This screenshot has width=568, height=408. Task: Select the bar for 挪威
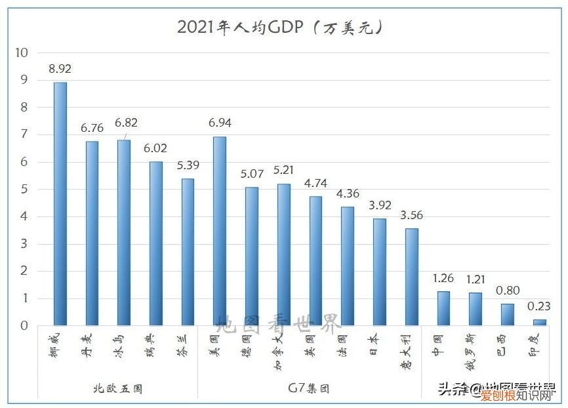coord(60,203)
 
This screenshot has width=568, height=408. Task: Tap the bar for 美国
coord(220,231)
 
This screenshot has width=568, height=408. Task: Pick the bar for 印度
coord(539,322)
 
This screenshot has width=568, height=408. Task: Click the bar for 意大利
coord(411,276)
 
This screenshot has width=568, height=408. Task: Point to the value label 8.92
coord(60,68)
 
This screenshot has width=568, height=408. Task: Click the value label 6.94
coord(220,123)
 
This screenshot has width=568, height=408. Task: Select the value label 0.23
coord(539,305)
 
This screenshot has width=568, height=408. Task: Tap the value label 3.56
coord(411,214)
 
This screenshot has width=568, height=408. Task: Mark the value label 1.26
coord(443,277)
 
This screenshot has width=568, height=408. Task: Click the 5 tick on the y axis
coord(24,189)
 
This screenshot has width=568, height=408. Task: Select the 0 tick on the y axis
coord(24,325)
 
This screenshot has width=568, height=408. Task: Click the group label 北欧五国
coord(117,388)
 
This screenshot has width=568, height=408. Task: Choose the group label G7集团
coord(309,388)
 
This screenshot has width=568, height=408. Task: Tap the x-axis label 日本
coord(380,343)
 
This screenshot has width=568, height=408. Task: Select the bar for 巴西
coord(507,314)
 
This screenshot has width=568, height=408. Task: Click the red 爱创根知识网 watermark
coord(518,396)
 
